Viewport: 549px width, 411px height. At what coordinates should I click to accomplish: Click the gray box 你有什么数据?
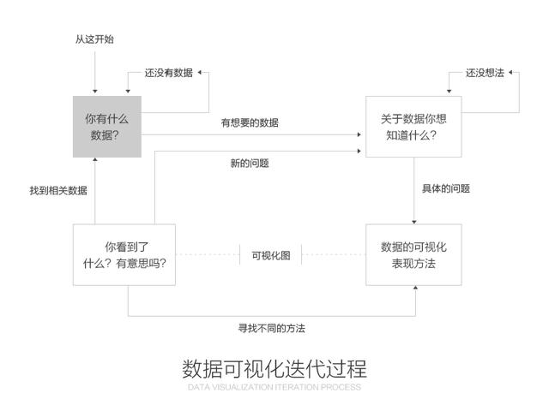click(x=106, y=126)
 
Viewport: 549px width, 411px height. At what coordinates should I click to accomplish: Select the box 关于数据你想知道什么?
click(x=413, y=126)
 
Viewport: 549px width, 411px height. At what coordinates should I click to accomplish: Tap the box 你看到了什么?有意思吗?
click(x=124, y=254)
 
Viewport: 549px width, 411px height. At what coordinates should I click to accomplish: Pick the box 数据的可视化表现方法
click(x=413, y=254)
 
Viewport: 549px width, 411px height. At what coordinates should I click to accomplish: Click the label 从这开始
click(x=94, y=39)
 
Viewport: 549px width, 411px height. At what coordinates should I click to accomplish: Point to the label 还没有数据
click(x=168, y=73)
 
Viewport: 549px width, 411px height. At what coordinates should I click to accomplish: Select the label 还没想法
click(x=485, y=73)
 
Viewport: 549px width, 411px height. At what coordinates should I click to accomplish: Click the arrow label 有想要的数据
click(x=250, y=122)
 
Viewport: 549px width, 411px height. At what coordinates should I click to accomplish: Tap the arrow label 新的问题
click(x=250, y=164)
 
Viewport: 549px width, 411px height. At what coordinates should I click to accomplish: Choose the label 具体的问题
click(x=446, y=188)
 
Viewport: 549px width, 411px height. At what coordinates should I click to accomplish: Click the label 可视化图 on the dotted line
click(x=271, y=254)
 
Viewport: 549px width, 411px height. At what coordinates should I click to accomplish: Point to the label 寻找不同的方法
click(x=271, y=328)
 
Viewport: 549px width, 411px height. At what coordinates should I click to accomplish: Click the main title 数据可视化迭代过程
click(x=274, y=369)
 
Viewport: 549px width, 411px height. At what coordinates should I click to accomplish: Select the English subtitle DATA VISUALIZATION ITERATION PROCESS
click(x=274, y=387)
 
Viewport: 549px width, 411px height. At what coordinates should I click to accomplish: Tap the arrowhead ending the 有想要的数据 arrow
click(x=361, y=134)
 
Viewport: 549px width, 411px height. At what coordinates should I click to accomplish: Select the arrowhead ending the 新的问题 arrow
click(x=361, y=152)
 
